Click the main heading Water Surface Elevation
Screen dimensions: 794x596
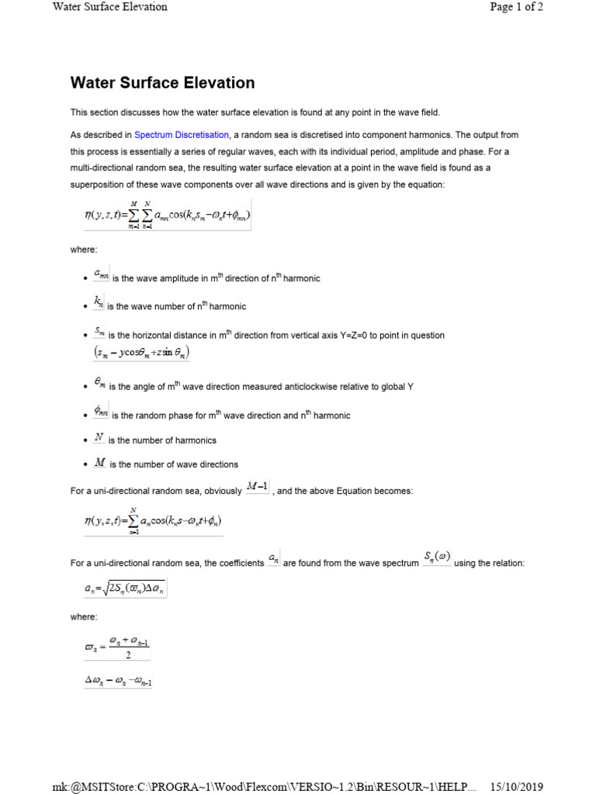pyautogui.click(x=162, y=82)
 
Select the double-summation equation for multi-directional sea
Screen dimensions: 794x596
pyautogui.click(x=168, y=215)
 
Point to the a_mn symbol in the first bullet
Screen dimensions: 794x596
pyautogui.click(x=101, y=274)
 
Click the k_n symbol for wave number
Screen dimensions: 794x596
pyautogui.click(x=99, y=302)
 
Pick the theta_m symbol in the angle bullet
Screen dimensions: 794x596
pyautogui.click(x=99, y=382)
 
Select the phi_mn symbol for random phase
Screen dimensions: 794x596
pyautogui.click(x=101, y=411)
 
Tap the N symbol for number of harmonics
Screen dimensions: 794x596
pyautogui.click(x=99, y=437)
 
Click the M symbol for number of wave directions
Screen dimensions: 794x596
pyautogui.click(x=99, y=463)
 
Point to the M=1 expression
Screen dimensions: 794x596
pyautogui.click(x=256, y=487)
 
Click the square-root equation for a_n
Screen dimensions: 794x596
pyautogui.click(x=126, y=589)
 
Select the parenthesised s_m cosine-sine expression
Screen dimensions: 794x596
pyautogui.click(x=141, y=352)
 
